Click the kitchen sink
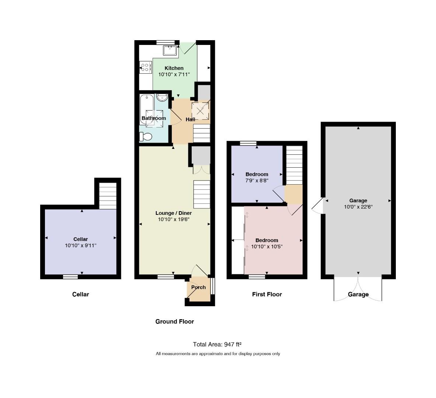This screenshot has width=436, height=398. pos(170,50)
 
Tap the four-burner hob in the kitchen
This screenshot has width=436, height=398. pos(146,67)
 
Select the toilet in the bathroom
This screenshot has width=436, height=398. pos(146,137)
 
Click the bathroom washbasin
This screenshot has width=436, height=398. pos(162,98)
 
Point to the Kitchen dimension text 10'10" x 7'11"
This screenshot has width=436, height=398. pos(174,74)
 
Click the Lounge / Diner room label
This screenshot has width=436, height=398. pos(174,213)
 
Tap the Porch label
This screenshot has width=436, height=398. pos(199,287)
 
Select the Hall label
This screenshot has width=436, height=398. pos(191,119)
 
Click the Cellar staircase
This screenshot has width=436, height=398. pos(108,196)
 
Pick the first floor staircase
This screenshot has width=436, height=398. pos(294,165)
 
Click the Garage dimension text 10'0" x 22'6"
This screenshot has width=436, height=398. pos(358,207)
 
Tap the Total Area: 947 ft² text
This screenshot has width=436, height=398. pos(217,344)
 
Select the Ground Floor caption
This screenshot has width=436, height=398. pos(175,321)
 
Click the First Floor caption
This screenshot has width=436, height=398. pos(267,294)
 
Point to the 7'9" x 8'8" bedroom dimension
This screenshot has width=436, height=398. pos(257,181)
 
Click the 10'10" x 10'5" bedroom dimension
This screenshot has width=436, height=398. pos(267,247)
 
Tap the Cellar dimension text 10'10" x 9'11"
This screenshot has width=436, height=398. pos(81,245)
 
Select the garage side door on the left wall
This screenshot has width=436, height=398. pos(317,206)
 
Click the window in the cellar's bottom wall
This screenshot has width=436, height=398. pos(70,277)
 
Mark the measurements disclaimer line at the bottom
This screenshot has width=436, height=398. pos(218,354)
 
